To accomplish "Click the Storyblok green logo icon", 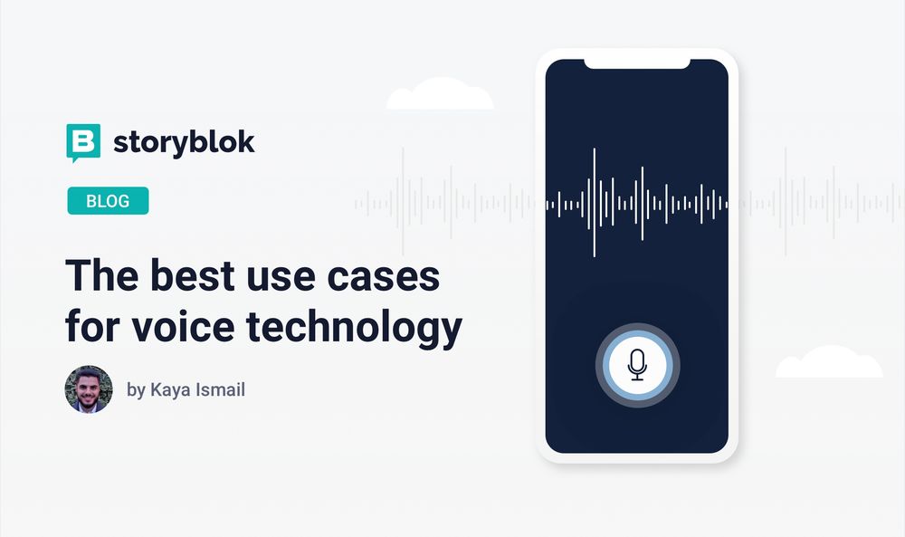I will pos(82,142).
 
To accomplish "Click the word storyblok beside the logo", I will pos(184,142).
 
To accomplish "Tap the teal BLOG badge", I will pos(108,201).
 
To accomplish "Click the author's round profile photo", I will pos(89,389).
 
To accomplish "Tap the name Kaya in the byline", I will pos(171,391).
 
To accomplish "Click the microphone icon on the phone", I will pos(637,365).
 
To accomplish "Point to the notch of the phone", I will pos(636,63).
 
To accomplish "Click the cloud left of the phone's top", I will pos(440,95).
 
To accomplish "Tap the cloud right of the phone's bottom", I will pos(828,363).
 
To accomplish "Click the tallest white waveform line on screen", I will pos(594,203).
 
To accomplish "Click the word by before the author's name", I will pos(136,391).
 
